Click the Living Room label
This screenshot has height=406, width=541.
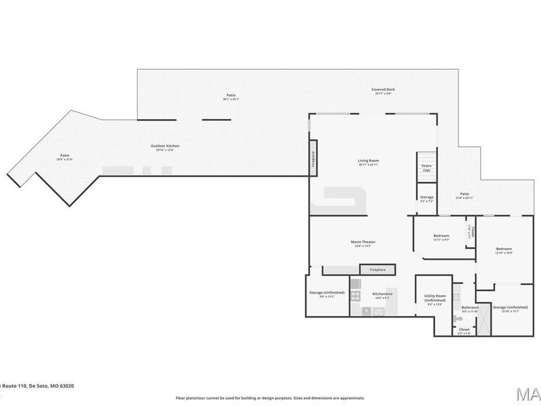pyautogui.click(x=368, y=161)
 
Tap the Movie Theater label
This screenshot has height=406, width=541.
pyautogui.click(x=363, y=242)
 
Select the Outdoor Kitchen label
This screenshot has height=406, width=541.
pyautogui.click(x=165, y=146)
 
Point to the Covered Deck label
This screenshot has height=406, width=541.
pyautogui.click(x=383, y=90)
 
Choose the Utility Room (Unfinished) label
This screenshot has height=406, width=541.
pyautogui.click(x=434, y=299)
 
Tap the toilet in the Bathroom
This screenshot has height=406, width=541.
pyautogui.click(x=457, y=296)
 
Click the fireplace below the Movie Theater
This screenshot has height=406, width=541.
pyautogui.click(x=377, y=269)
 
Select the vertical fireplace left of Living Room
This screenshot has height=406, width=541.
pyautogui.click(x=313, y=158)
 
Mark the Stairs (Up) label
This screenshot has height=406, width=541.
pyautogui.click(x=426, y=168)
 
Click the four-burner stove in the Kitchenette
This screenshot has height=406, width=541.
pyautogui.click(x=355, y=295)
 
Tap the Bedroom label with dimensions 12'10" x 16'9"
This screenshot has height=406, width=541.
pyautogui.click(x=504, y=250)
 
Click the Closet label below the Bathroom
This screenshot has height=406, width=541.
pyautogui.click(x=464, y=330)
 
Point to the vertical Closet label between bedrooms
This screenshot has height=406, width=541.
pyautogui.click(x=472, y=232)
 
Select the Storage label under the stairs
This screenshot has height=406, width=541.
pyautogui.click(x=426, y=197)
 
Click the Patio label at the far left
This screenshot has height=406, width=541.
pyautogui.click(x=64, y=156)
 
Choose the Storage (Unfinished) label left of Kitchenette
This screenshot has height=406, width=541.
pyautogui.click(x=327, y=293)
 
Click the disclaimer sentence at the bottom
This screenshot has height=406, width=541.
pyautogui.click(x=270, y=398)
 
